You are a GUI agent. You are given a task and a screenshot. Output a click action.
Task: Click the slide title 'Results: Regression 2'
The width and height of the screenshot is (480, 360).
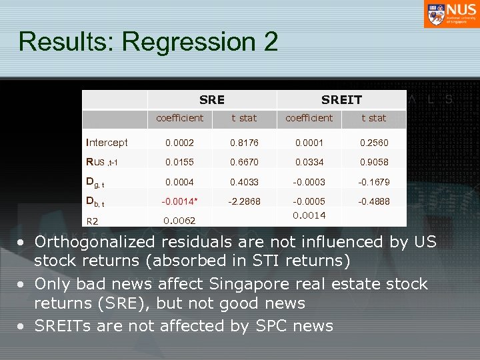(x=148, y=41)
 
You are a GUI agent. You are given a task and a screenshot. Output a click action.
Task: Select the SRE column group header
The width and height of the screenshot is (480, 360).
(x=212, y=100)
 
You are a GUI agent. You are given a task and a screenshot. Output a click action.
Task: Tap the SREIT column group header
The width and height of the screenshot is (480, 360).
(x=341, y=100)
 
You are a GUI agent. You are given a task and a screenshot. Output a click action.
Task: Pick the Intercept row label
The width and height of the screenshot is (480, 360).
(x=107, y=143)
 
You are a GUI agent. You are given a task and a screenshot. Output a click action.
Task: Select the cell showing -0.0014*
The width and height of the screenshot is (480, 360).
(x=179, y=201)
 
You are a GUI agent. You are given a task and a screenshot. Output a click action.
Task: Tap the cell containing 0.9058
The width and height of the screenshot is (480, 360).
(x=373, y=162)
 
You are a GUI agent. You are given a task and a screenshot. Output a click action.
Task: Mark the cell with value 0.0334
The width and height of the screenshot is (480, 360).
(x=309, y=162)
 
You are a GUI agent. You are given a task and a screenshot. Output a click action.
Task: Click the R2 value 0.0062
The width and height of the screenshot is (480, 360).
(x=179, y=221)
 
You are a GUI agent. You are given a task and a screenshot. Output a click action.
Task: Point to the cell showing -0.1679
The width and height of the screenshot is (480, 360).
(x=373, y=182)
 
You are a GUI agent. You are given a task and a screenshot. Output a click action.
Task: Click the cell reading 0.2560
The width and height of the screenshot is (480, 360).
(x=373, y=143)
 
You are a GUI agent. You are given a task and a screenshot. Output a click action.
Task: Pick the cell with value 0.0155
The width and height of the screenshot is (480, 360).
(x=179, y=162)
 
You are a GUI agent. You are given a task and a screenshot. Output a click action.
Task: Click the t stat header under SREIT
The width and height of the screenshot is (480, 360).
(x=373, y=118)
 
